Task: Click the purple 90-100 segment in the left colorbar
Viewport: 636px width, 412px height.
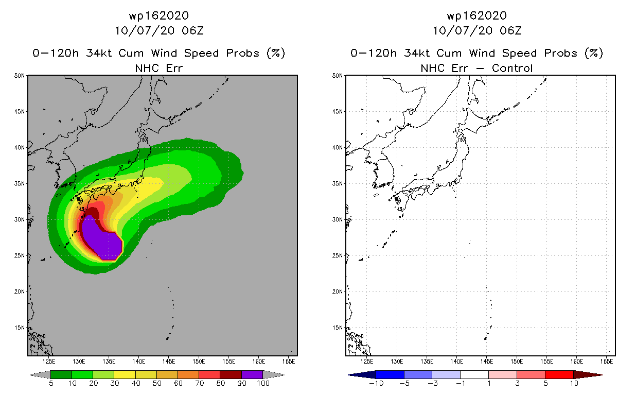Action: pyautogui.click(x=252, y=374)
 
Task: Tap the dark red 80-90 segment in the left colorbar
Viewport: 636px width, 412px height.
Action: pyautogui.click(x=231, y=374)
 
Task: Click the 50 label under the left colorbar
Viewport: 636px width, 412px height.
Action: pyautogui.click(x=156, y=384)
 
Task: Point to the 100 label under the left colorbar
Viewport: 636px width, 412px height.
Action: pyautogui.click(x=263, y=384)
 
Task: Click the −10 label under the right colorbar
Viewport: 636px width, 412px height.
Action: pyautogui.click(x=376, y=384)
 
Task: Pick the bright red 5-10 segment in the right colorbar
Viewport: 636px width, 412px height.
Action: pyautogui.click(x=559, y=374)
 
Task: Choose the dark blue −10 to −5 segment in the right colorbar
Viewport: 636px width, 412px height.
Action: pyautogui.click(x=390, y=374)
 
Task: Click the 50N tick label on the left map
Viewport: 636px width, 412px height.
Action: pyautogui.click(x=20, y=76)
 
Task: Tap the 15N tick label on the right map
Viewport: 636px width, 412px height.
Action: pyautogui.click(x=338, y=328)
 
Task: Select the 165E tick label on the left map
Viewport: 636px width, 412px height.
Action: pyautogui.click(x=289, y=361)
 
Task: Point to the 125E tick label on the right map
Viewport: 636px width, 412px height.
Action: pyautogui.click(x=367, y=361)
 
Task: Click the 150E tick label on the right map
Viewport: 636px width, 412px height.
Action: pyautogui.click(x=517, y=361)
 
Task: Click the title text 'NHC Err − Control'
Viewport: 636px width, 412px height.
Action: pyautogui.click(x=476, y=68)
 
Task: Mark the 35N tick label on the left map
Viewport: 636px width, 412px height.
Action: pyautogui.click(x=20, y=183)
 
